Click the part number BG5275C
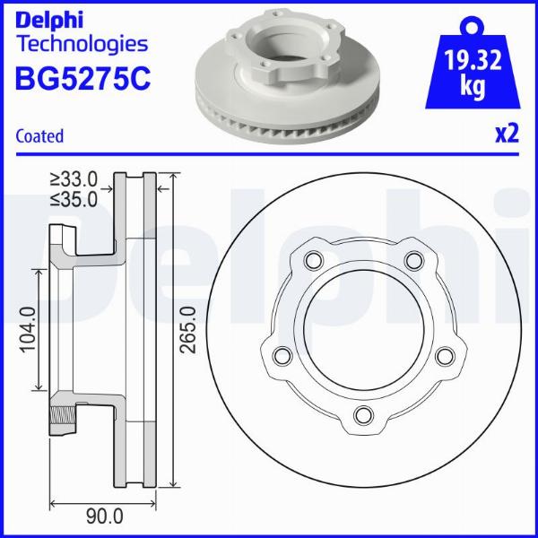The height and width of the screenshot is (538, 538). [x=82, y=78]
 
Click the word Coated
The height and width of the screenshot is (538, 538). [x=40, y=136]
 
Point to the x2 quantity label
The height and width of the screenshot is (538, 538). [x=507, y=134]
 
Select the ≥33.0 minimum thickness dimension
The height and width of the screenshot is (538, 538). [x=74, y=179]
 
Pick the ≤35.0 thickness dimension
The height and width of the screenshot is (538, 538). [x=74, y=199]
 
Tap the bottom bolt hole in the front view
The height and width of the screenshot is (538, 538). [x=363, y=415]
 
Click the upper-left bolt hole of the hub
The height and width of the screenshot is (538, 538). [x=312, y=261]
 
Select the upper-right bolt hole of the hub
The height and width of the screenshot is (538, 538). [x=413, y=261]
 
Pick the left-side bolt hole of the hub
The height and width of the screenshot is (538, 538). [x=282, y=356]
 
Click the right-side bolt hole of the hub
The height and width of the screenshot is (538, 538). [x=444, y=356]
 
